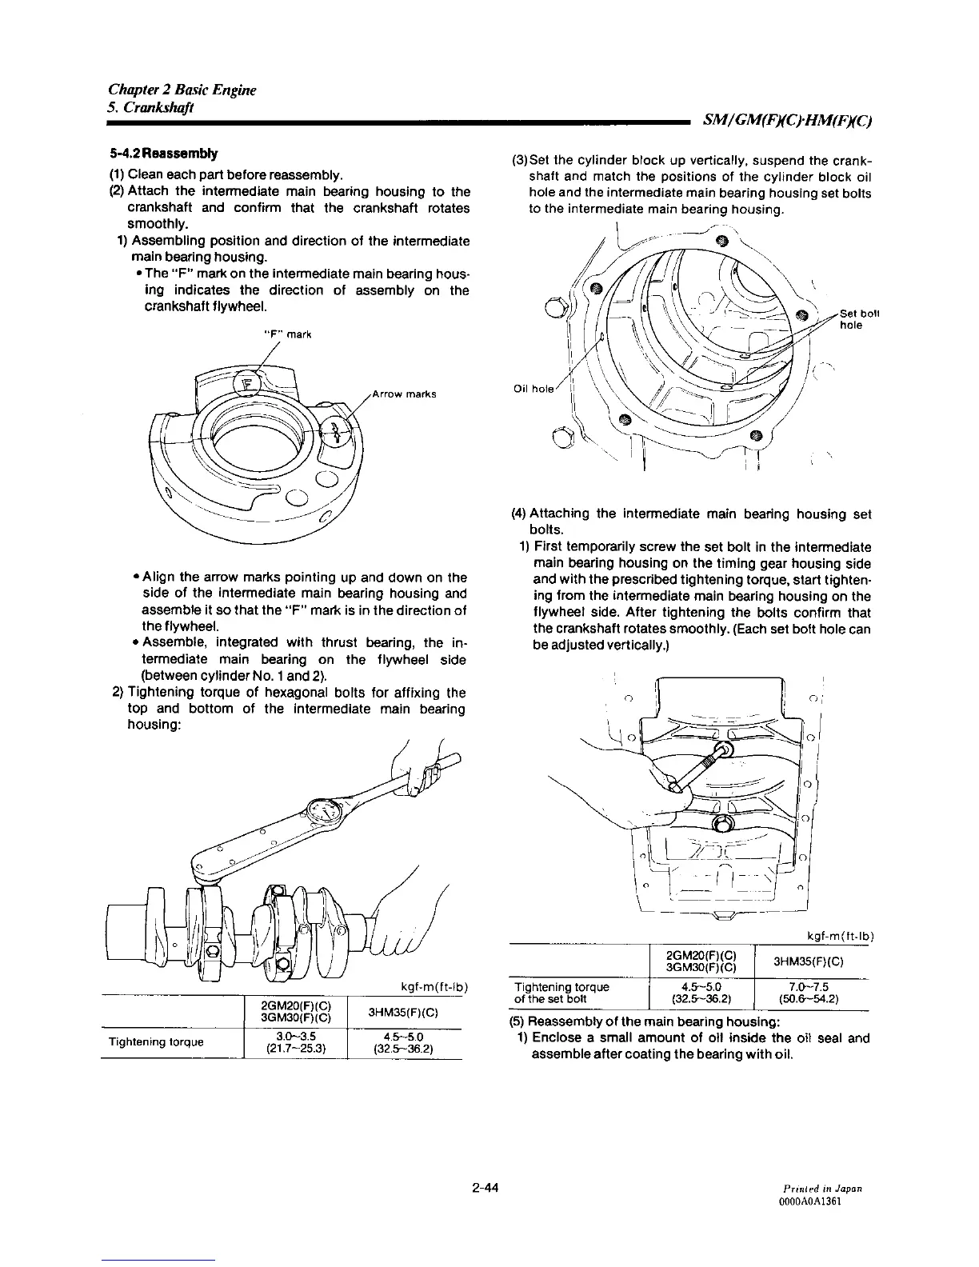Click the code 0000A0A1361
(834, 1202)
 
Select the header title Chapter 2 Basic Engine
(182, 90)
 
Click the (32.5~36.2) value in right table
(700, 998)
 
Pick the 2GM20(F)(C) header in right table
(700, 956)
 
